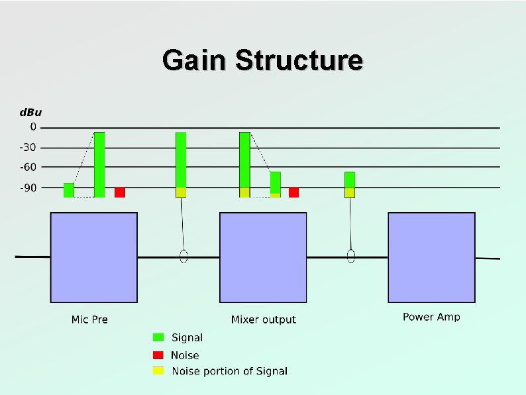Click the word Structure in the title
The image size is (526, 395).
(299, 60)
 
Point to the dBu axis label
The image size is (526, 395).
(30, 112)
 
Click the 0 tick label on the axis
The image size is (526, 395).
(34, 127)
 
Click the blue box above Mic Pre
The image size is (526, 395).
(94, 257)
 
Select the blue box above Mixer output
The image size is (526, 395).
(263, 257)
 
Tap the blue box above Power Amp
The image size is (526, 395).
(431, 257)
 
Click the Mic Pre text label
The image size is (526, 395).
(89, 319)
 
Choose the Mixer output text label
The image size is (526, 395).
(264, 319)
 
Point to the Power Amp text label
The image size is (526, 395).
(431, 317)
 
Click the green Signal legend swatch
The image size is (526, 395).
(158, 337)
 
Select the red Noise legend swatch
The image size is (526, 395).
(158, 355)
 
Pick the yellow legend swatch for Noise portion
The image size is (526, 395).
(158, 370)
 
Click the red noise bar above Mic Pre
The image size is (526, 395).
(120, 192)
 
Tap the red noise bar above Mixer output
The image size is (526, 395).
(293, 192)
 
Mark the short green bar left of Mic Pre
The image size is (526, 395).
(69, 190)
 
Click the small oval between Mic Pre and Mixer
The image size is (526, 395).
(184, 256)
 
